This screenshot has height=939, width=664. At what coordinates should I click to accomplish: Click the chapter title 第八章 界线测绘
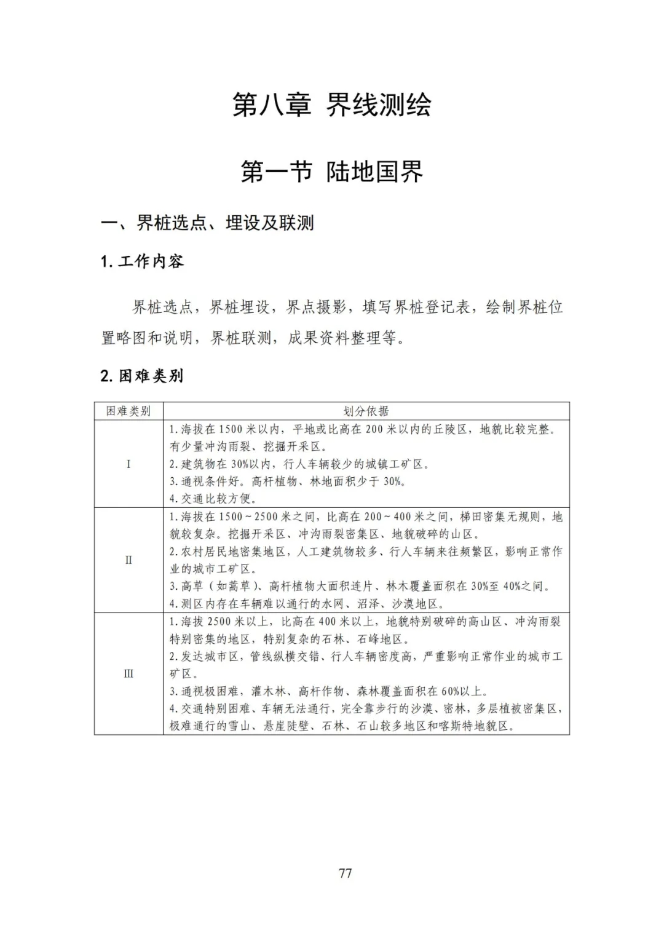pos(331,105)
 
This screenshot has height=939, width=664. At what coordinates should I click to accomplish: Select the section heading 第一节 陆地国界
pos(331,172)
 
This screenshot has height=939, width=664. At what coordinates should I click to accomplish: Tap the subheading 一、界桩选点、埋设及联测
pos(207,223)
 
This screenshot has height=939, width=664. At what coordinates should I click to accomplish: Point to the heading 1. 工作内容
pos(142,261)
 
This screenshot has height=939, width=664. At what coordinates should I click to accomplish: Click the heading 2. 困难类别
pos(142,376)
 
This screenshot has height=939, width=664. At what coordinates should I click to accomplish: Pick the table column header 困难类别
pos(128,411)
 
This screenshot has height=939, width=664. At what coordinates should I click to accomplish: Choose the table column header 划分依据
pos(366,411)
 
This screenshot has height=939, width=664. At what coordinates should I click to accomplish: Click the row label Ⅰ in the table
pos(128,464)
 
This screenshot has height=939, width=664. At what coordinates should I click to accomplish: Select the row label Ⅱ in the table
pos(128,560)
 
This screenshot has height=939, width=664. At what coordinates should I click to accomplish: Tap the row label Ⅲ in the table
pos(128,673)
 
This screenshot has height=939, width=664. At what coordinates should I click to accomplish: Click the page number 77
pos(345,873)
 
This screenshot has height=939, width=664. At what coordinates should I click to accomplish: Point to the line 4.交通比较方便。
pos(213,499)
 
